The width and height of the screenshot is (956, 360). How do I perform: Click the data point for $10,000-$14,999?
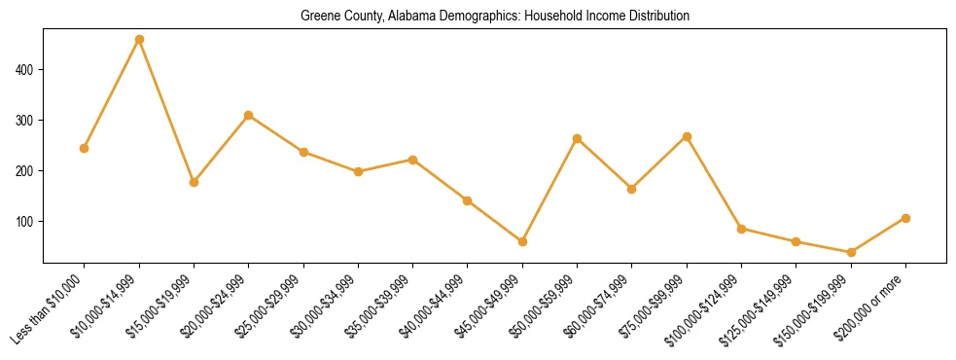click(x=139, y=40)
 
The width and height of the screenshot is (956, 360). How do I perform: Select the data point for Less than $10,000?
click(x=85, y=149)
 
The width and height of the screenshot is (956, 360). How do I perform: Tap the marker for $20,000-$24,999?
click(x=249, y=116)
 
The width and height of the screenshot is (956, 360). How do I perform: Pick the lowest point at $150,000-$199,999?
click(x=851, y=252)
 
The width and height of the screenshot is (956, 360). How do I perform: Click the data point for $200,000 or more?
click(x=905, y=218)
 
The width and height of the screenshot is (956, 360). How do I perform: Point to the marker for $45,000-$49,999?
click(x=522, y=241)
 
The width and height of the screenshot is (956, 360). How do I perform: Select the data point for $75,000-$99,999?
click(x=687, y=137)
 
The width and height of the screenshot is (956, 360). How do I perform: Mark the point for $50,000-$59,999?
click(x=578, y=139)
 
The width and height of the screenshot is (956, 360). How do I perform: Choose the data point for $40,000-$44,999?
click(x=468, y=200)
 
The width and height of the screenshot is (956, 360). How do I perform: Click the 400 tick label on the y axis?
click(x=26, y=70)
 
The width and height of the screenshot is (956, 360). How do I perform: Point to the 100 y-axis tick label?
click(x=26, y=222)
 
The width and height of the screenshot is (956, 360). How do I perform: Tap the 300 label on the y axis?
click(x=26, y=121)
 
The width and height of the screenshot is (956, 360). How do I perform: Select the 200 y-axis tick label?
click(x=26, y=171)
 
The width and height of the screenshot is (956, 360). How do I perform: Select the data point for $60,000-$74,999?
click(x=632, y=189)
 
